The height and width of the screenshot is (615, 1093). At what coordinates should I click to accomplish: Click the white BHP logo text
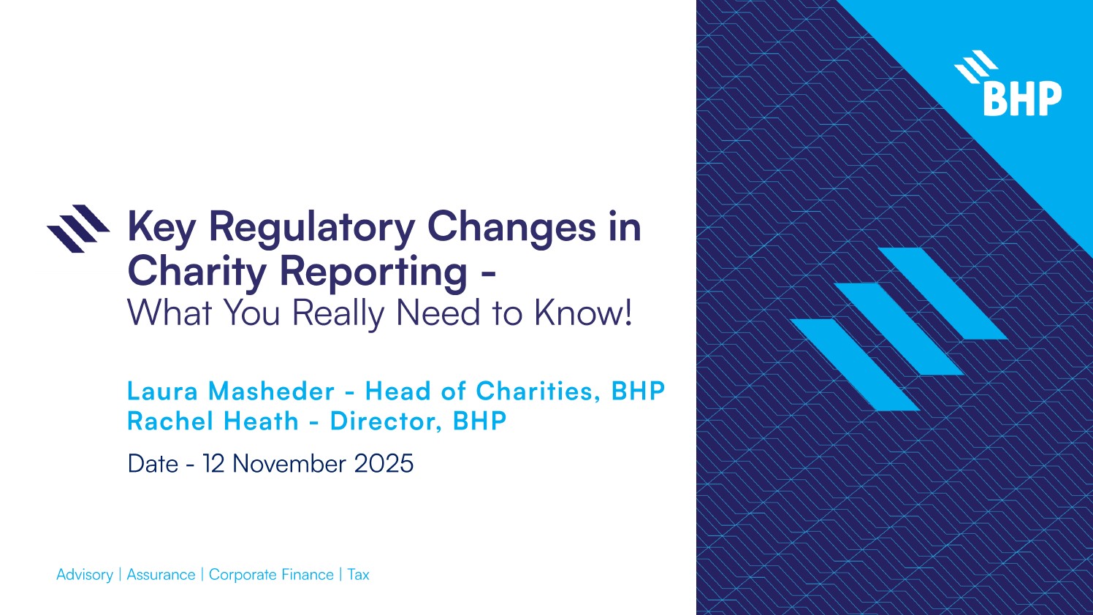click(x=1022, y=99)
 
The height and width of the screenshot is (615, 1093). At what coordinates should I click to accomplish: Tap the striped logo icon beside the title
click(x=78, y=228)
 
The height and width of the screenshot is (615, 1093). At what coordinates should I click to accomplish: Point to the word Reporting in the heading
click(x=373, y=272)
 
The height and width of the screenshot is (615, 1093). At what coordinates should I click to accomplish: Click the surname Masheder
click(x=271, y=391)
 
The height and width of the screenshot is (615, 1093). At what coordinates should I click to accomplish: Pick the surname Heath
click(x=261, y=421)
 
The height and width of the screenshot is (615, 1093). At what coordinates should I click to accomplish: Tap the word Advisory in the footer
click(x=85, y=575)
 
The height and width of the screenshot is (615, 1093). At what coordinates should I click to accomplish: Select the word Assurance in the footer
click(x=161, y=575)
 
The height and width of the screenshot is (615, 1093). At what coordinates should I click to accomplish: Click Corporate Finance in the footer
click(x=271, y=575)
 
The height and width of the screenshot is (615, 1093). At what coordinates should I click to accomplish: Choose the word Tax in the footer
click(x=358, y=575)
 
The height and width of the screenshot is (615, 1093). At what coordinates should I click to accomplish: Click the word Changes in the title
click(x=511, y=227)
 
